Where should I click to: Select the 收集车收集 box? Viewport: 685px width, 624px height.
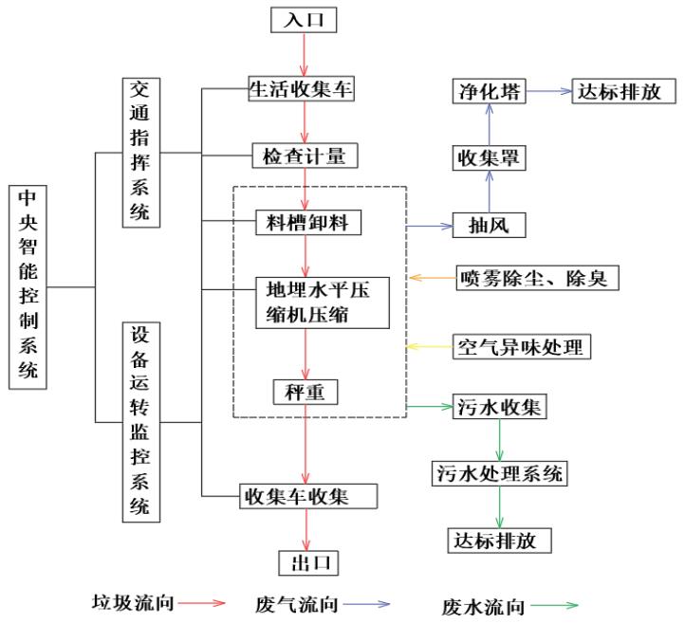[x=305, y=495]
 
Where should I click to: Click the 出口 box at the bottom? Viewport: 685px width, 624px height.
[x=307, y=562]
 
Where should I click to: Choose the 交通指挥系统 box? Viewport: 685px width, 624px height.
[x=140, y=153]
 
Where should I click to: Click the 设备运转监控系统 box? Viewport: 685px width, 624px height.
[x=140, y=422]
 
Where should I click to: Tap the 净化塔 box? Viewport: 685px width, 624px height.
[x=489, y=91]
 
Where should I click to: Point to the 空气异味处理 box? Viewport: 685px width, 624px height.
[x=522, y=346]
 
